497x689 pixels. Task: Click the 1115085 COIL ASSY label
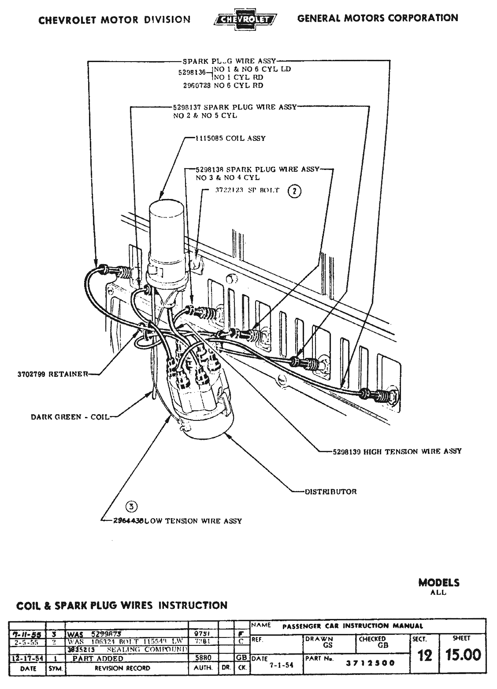(230, 138)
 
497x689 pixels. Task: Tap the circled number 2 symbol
(295, 191)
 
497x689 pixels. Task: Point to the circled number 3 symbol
(132, 506)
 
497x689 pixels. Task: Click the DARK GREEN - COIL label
(70, 416)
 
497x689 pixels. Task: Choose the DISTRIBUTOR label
(330, 491)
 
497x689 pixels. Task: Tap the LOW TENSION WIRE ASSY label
(177, 521)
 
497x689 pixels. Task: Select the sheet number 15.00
(462, 655)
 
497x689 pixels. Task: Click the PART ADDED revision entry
(98, 659)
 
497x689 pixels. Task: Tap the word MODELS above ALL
(439, 582)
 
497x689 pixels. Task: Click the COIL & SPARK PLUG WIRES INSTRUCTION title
(122, 605)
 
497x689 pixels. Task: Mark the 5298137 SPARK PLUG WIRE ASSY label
(234, 107)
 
